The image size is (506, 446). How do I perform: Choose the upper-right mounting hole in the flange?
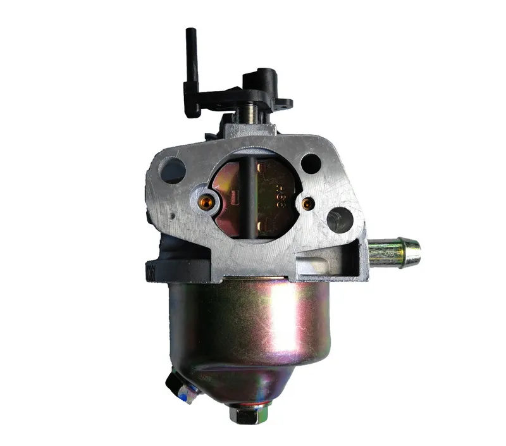pyautogui.click(x=311, y=164)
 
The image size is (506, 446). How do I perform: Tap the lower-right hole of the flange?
pyautogui.click(x=340, y=220)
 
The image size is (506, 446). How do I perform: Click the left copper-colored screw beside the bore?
pyautogui.click(x=206, y=201)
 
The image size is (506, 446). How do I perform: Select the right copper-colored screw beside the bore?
pyautogui.click(x=307, y=204)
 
